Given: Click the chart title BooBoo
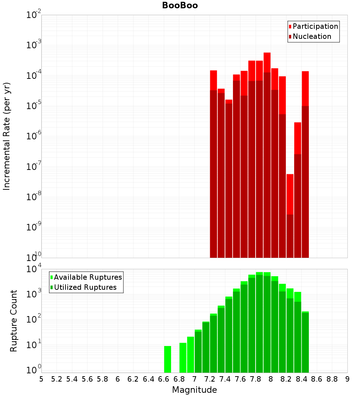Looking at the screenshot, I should click(180, 5).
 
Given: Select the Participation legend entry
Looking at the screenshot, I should click(315, 26).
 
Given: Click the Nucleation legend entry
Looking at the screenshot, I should click(312, 36).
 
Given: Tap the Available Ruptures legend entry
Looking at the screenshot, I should click(88, 277).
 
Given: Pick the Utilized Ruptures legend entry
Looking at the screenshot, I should click(85, 287).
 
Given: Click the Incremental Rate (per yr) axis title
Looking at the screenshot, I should click(7, 136).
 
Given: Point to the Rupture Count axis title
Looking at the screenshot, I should click(13, 320).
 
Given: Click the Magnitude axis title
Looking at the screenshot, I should click(194, 390).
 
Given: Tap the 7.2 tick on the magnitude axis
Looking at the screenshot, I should click(210, 379).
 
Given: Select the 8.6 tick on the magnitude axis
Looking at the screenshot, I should click(317, 379).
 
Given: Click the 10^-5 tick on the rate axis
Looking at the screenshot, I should click(33, 106).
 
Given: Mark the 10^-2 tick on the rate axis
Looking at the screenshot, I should click(33, 15).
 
